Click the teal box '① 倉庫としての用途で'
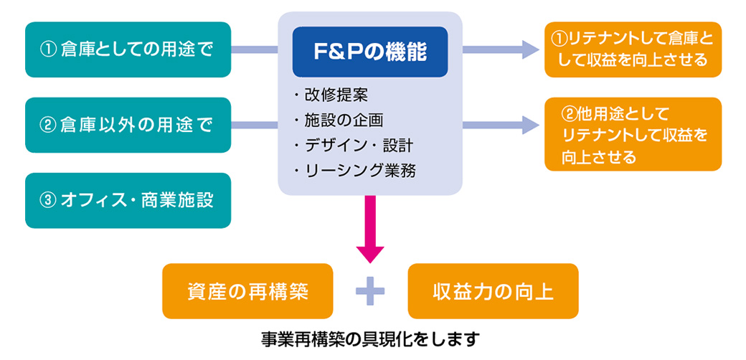click(x=128, y=49)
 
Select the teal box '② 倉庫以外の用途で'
click(x=128, y=125)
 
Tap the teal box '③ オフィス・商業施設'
click(x=128, y=200)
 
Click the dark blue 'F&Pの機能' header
click(x=370, y=52)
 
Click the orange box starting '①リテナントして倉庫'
click(x=633, y=49)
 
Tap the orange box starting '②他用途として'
click(x=633, y=134)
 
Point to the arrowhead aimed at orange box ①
click(x=531, y=49)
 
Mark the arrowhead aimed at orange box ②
click(x=531, y=125)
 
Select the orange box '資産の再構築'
click(x=247, y=291)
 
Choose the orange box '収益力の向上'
click(x=493, y=291)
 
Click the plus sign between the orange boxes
click(x=370, y=291)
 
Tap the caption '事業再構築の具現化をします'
click(x=369, y=339)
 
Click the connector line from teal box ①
click(x=255, y=49)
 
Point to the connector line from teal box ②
click(x=255, y=125)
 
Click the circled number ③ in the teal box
click(x=47, y=201)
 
